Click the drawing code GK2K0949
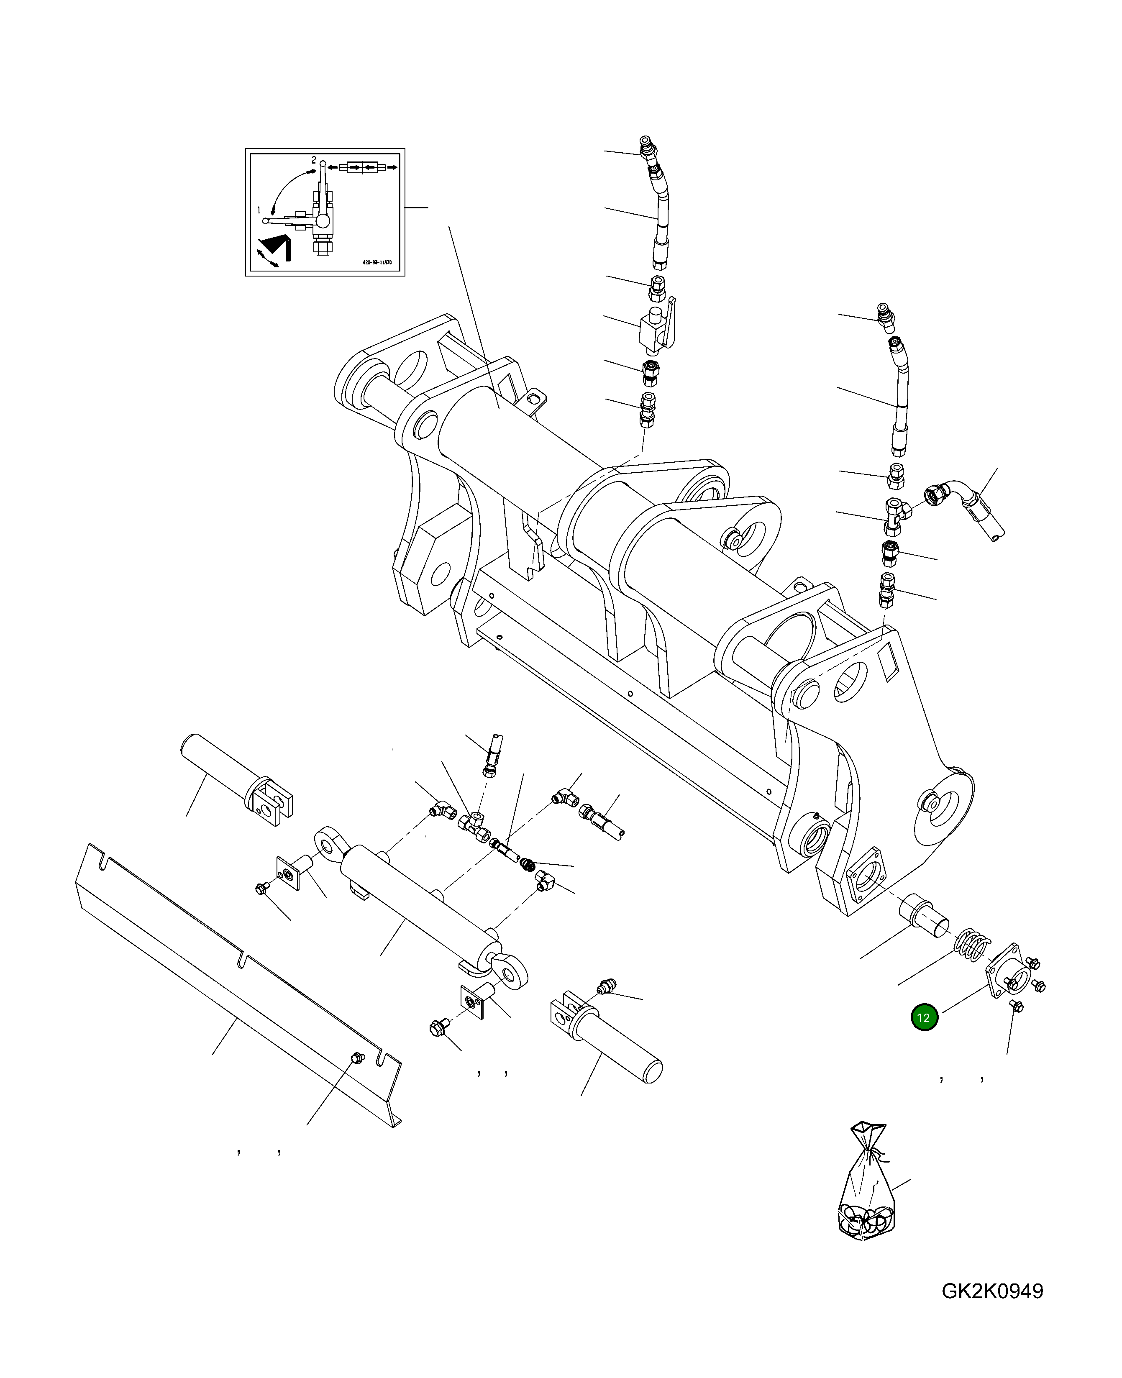pos(992,1291)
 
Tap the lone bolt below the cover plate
pos(1015,1024)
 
